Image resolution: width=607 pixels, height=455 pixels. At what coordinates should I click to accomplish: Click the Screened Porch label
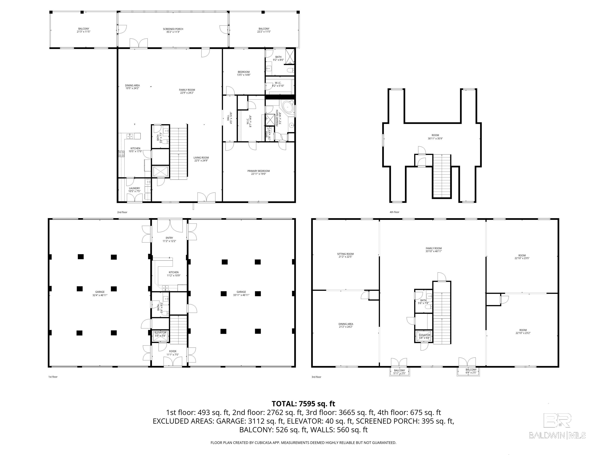(x=173, y=30)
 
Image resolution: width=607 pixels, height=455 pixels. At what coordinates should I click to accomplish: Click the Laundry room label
(x=135, y=190)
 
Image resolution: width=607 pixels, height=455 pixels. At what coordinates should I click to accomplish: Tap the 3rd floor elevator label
(x=424, y=337)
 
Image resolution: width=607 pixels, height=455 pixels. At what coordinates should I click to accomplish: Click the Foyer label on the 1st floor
(x=173, y=353)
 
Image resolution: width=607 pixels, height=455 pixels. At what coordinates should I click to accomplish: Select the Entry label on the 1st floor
(x=169, y=239)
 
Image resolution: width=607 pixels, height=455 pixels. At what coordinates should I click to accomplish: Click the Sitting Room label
(x=345, y=255)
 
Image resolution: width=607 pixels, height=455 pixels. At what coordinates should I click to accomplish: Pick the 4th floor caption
(x=394, y=212)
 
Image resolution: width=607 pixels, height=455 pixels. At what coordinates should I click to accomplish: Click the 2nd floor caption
(x=122, y=212)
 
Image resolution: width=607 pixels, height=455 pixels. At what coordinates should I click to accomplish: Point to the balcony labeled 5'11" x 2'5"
(x=400, y=372)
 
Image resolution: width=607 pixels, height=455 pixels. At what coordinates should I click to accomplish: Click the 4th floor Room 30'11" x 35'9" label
(x=435, y=137)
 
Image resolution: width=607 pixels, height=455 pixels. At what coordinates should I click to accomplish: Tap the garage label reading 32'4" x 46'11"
(x=100, y=293)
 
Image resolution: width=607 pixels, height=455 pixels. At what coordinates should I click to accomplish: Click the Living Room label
(x=201, y=159)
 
